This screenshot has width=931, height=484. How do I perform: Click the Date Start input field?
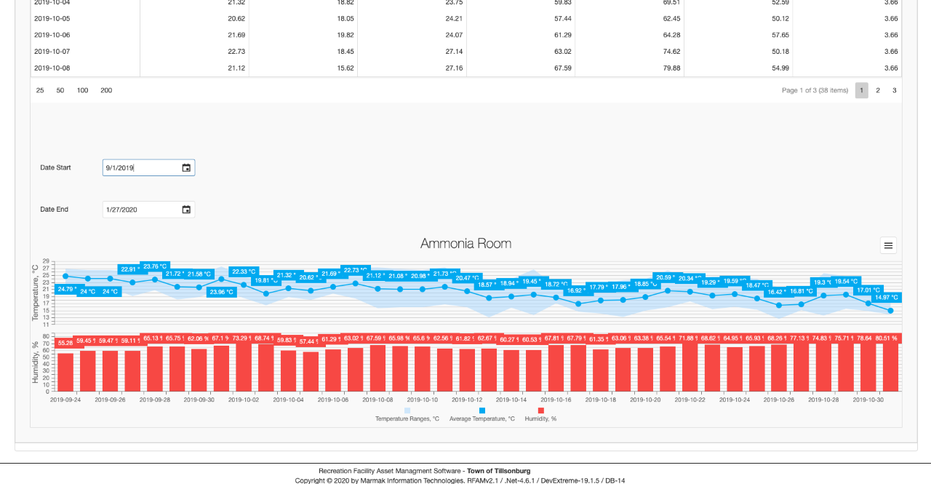click(141, 168)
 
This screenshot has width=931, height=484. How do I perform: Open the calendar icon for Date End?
click(186, 210)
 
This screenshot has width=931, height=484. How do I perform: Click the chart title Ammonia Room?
click(465, 244)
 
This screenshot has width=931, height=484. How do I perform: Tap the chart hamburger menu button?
click(888, 245)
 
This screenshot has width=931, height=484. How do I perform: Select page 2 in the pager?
click(878, 90)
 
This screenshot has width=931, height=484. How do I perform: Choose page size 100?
click(83, 90)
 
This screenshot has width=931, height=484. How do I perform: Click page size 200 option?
click(106, 90)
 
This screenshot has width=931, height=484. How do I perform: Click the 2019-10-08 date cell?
click(52, 68)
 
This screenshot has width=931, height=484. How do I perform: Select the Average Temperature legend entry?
click(482, 418)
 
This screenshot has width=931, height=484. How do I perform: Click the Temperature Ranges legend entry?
click(407, 418)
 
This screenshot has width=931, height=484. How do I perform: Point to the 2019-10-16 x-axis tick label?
click(556, 400)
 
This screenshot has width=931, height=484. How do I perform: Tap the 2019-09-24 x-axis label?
click(65, 400)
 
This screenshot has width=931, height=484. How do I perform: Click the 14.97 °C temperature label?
click(887, 298)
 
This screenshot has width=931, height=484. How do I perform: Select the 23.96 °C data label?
click(221, 292)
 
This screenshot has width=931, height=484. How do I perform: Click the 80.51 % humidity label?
click(885, 338)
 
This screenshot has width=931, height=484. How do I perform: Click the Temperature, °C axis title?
click(35, 293)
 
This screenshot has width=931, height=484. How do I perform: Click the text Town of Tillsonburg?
click(498, 471)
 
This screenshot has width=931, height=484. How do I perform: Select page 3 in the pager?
click(895, 90)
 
